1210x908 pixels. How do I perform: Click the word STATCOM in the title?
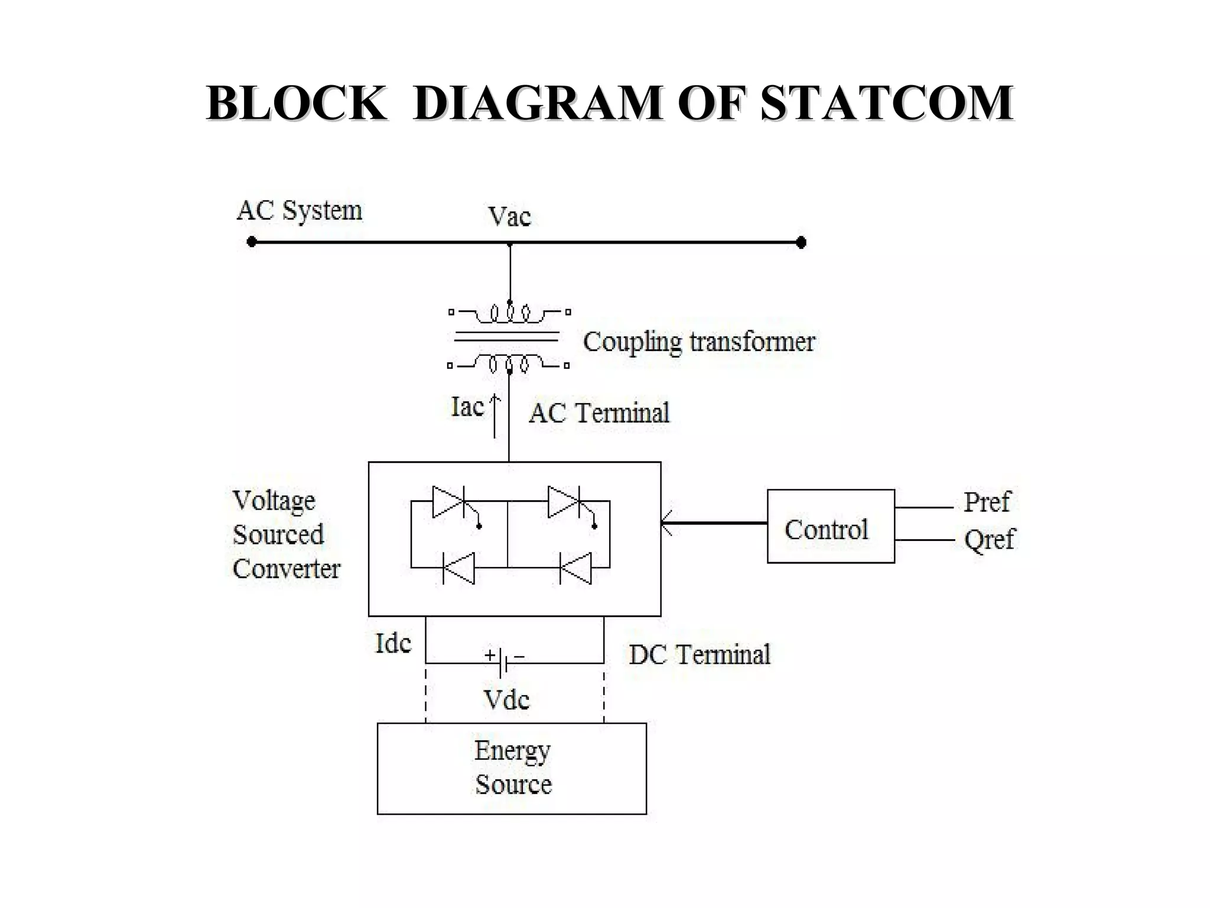pos(886,103)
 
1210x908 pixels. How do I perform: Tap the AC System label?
pos(300,210)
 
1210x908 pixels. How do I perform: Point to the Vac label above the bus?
pos(509,216)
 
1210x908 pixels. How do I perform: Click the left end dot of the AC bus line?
pos(252,242)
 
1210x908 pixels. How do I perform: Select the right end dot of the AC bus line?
pos(801,242)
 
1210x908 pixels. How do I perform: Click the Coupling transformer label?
pos(699,342)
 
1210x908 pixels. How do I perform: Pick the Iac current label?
pos(467,407)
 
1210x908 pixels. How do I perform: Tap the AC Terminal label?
pos(599,413)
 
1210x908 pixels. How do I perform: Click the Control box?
pos(830,526)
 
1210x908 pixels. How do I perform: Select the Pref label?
pos(987,502)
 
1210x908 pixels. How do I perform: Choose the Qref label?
pos(989,539)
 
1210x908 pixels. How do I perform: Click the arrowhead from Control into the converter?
pos(666,523)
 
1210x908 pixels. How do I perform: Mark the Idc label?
pos(393,643)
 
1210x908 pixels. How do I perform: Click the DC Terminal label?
pos(700,655)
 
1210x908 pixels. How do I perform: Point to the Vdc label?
pos(506,700)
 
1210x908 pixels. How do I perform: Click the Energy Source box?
pos(512,768)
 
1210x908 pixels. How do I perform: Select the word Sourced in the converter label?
pos(278,534)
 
